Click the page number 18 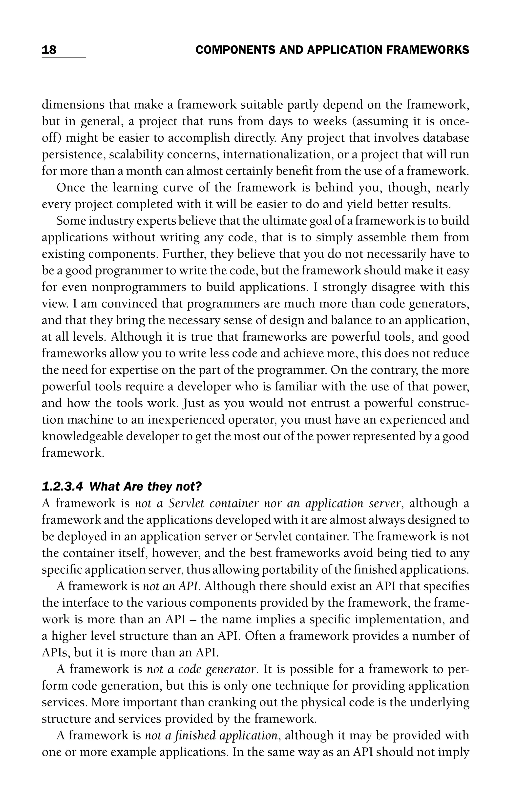(x=49, y=50)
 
